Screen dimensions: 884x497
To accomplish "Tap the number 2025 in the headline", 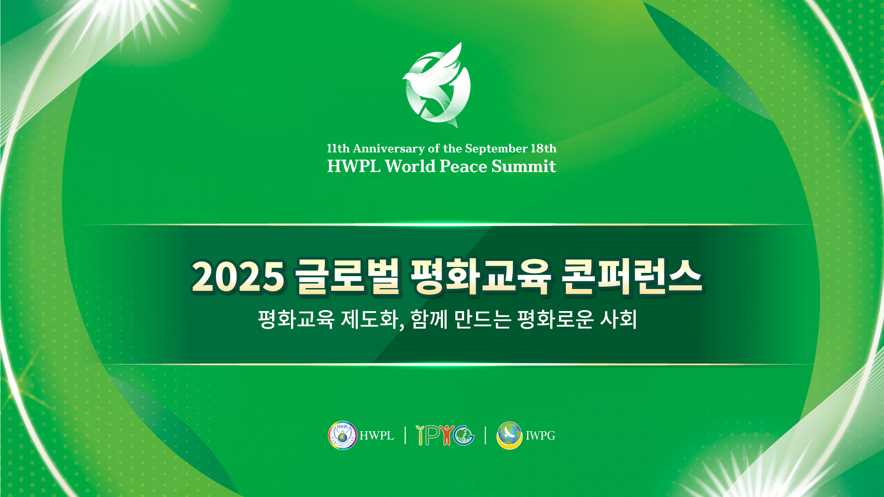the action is tap(238, 277).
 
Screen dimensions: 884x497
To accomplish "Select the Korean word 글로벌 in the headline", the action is tap(347, 276).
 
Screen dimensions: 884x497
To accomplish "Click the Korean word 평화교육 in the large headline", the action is tap(481, 276).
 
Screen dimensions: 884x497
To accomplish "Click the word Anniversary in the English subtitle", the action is tap(389, 149).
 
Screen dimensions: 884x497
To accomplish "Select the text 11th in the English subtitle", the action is tap(338, 149).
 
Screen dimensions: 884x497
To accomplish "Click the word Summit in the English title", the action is tap(523, 166).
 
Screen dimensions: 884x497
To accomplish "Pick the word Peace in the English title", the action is tap(463, 166).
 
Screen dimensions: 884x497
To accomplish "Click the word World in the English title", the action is tap(410, 166).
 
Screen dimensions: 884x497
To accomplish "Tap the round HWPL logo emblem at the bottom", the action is tap(343, 435).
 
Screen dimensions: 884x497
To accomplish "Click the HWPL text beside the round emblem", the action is tap(377, 435).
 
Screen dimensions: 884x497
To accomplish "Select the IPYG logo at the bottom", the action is tap(445, 435).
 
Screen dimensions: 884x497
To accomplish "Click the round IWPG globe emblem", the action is tap(510, 435).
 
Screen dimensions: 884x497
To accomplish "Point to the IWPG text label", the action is tap(541, 435).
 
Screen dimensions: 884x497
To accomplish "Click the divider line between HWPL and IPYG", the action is tap(405, 435).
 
